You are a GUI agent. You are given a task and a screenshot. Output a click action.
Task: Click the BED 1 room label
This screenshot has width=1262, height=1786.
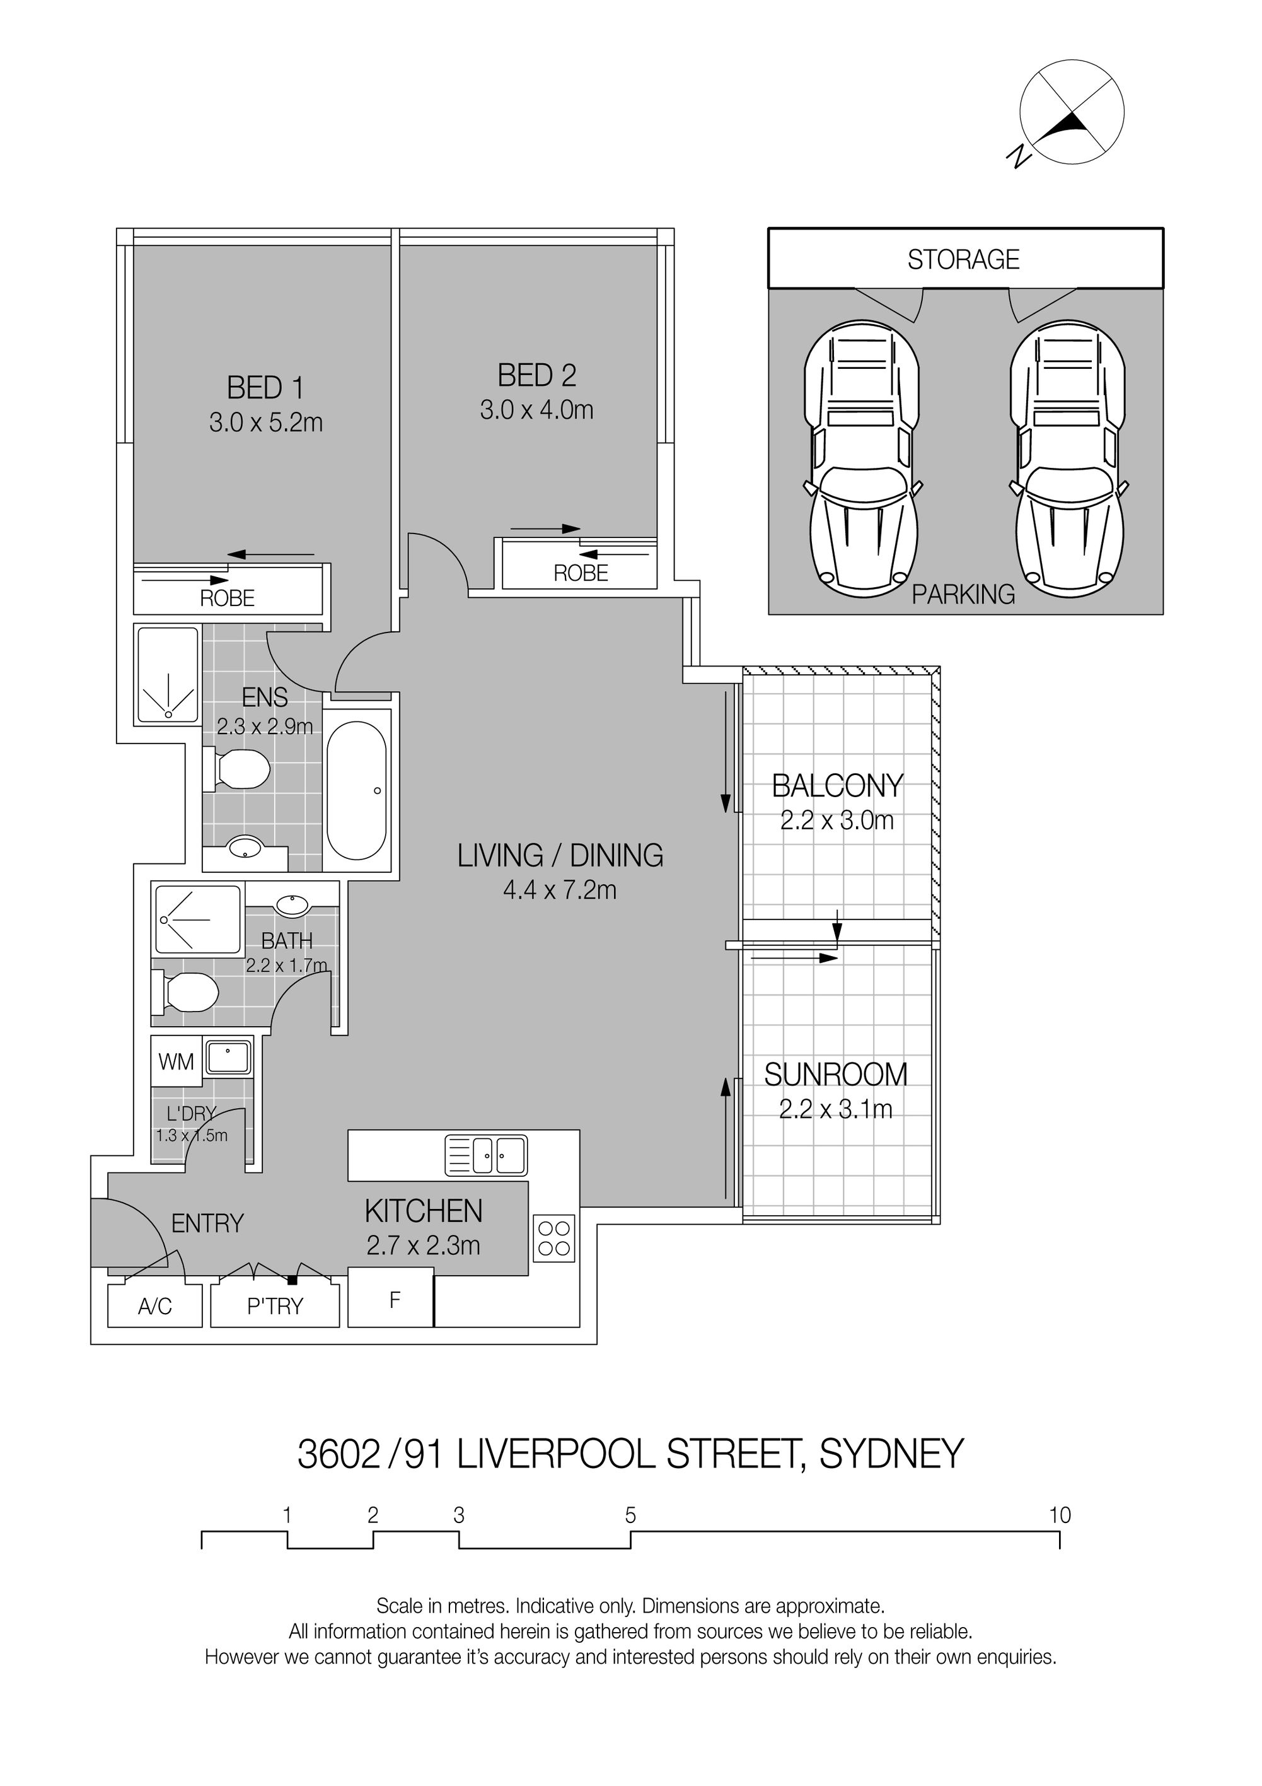tap(265, 387)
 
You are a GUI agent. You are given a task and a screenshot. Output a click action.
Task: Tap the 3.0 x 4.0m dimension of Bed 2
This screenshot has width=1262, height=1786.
tap(536, 410)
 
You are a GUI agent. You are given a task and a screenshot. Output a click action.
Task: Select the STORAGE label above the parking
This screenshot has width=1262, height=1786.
tap(963, 259)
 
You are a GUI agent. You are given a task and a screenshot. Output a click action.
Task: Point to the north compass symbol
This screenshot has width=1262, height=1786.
tap(1072, 112)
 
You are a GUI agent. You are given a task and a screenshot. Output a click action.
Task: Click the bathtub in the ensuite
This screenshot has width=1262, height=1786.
tap(356, 790)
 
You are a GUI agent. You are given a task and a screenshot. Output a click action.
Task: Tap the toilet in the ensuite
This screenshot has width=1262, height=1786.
tap(236, 769)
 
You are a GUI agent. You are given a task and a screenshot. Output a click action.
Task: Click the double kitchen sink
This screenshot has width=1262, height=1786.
tap(486, 1155)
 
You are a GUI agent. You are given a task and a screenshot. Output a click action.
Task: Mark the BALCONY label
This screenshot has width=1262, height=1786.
tap(837, 786)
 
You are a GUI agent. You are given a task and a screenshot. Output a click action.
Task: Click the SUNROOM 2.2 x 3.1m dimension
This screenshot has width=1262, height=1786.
tap(836, 1109)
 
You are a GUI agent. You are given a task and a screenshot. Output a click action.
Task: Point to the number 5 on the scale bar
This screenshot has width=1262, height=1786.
tap(630, 1515)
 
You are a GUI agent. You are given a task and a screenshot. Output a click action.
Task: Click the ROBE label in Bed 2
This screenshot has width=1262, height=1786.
tap(581, 573)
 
